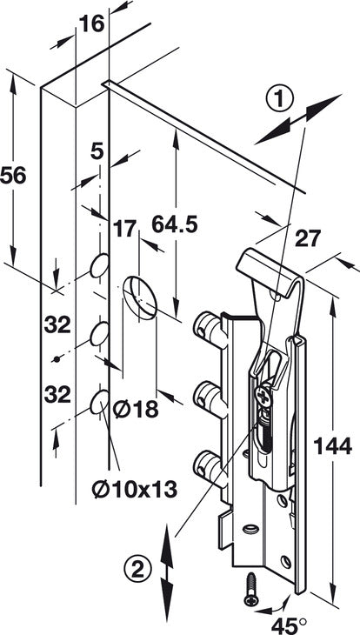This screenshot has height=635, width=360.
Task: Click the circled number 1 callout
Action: tap(279, 99)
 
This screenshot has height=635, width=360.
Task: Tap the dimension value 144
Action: tap(332, 447)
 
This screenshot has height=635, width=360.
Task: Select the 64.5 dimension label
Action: tap(175, 224)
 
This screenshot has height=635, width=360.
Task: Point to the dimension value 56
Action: tap(13, 176)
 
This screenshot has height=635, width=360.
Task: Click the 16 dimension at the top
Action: tap(91, 24)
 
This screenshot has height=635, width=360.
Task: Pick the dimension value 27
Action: tap(307, 238)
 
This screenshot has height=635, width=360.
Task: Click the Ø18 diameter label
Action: tap(136, 411)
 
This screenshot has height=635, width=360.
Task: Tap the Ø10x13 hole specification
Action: tap(135, 491)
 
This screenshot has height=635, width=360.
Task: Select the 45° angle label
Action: tap(290, 625)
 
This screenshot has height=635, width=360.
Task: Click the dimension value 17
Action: tap(124, 229)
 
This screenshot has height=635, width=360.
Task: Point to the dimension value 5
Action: tap(97, 152)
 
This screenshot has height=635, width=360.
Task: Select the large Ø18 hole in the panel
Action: tap(140, 296)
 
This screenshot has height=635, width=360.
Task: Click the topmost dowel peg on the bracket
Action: tap(210, 328)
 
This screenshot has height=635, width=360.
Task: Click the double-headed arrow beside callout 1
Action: tap(298, 119)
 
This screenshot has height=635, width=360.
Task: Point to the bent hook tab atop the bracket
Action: tap(268, 270)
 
